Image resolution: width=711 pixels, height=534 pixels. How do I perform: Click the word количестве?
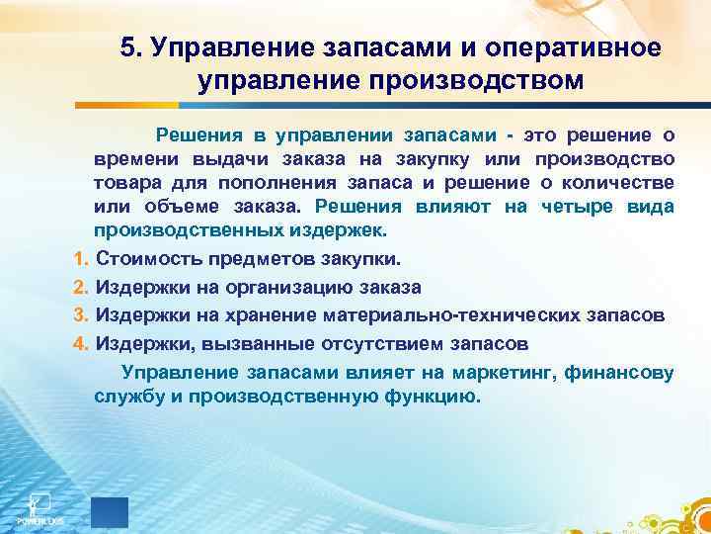tap(618, 183)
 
